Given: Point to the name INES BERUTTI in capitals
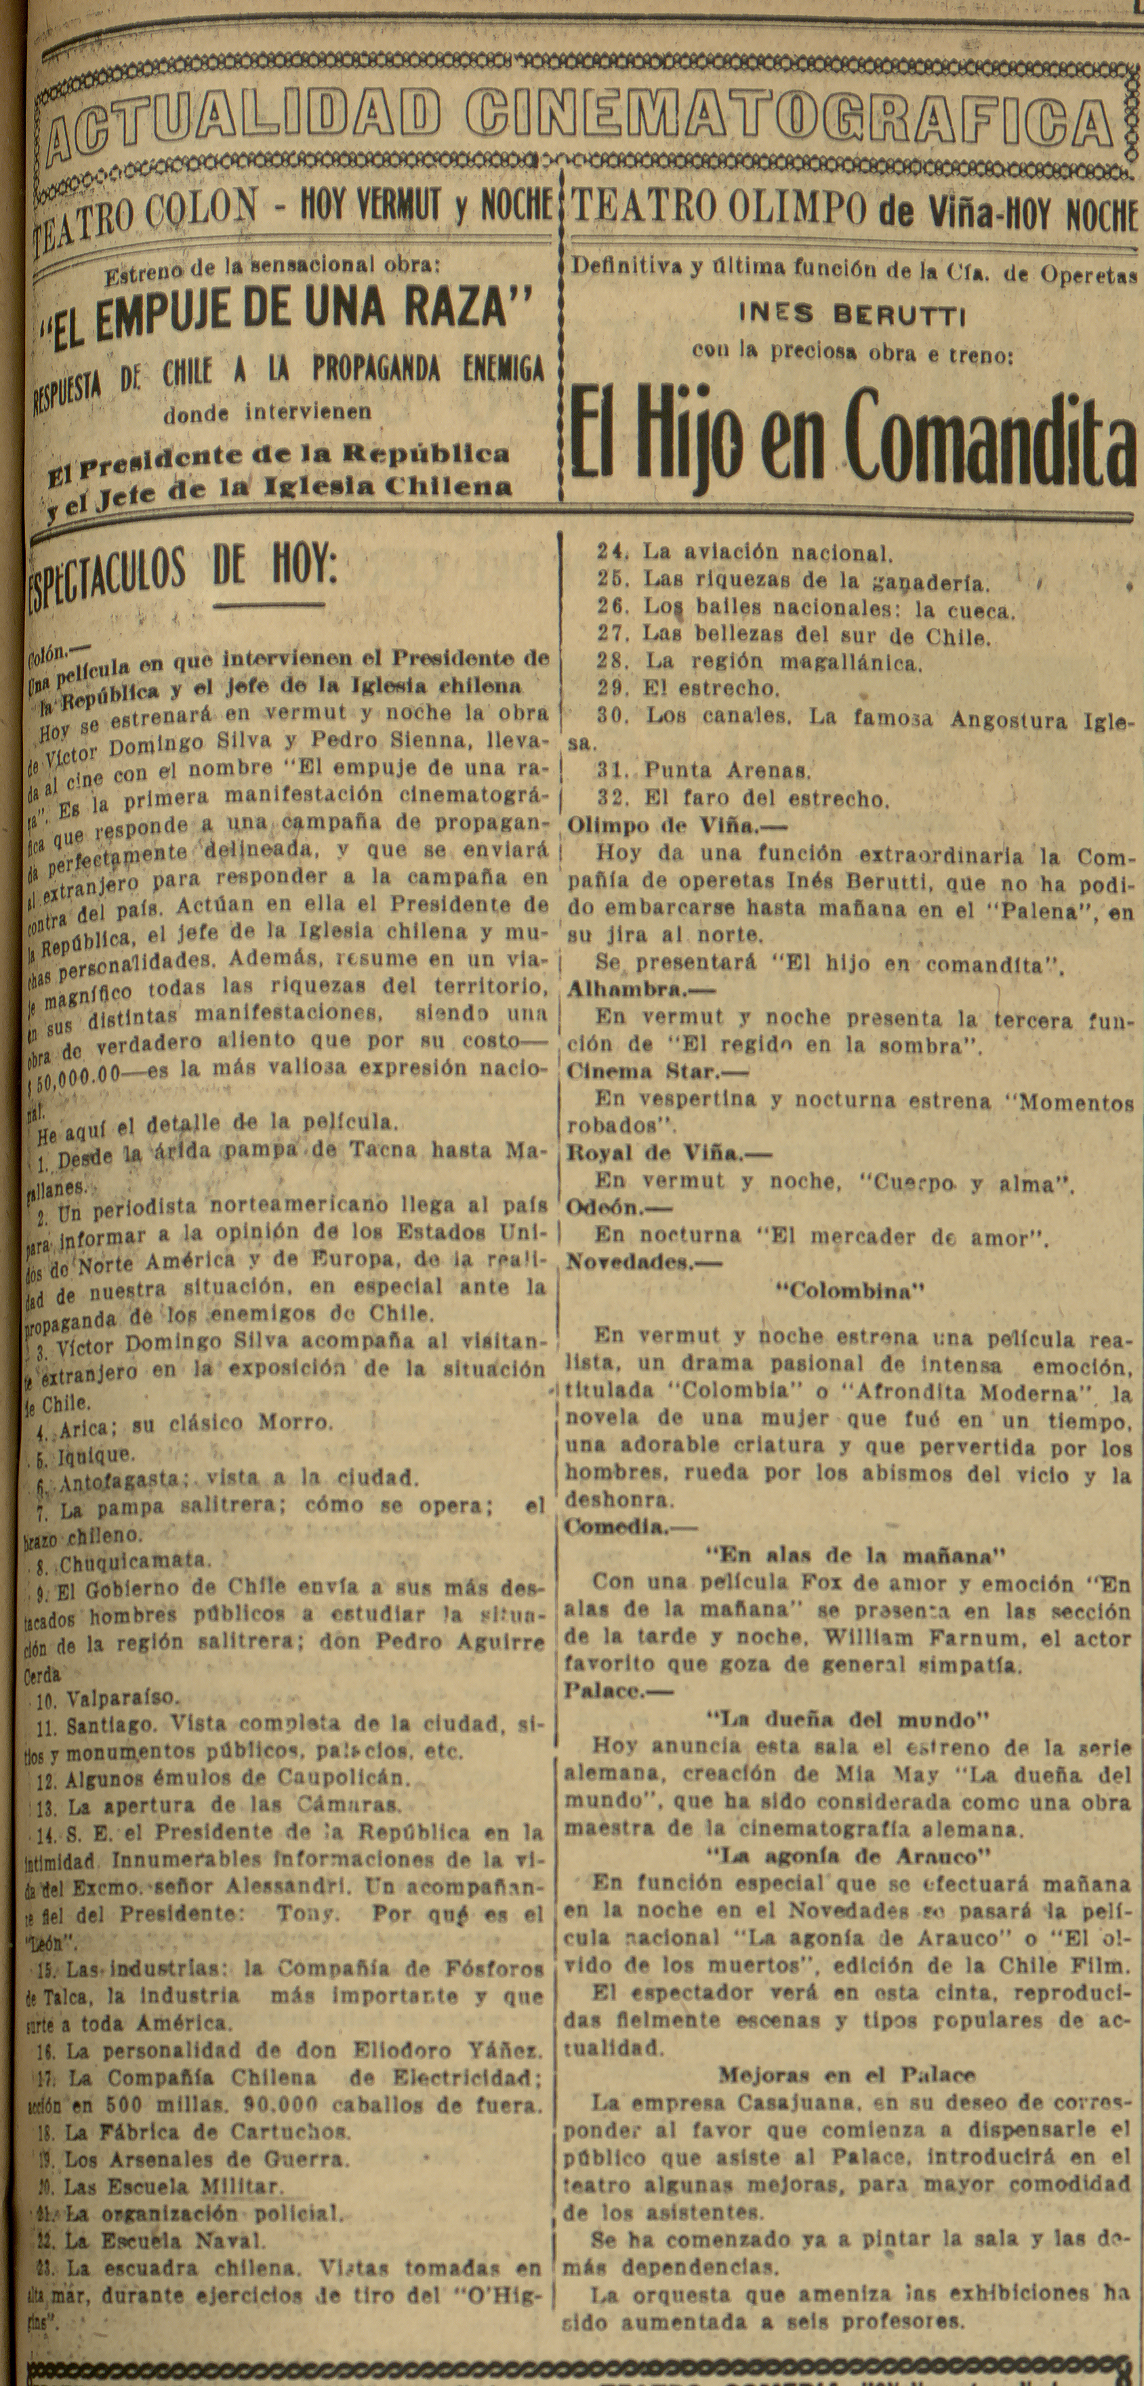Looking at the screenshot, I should [851, 315].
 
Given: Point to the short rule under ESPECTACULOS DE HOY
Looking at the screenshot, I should [268, 606].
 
